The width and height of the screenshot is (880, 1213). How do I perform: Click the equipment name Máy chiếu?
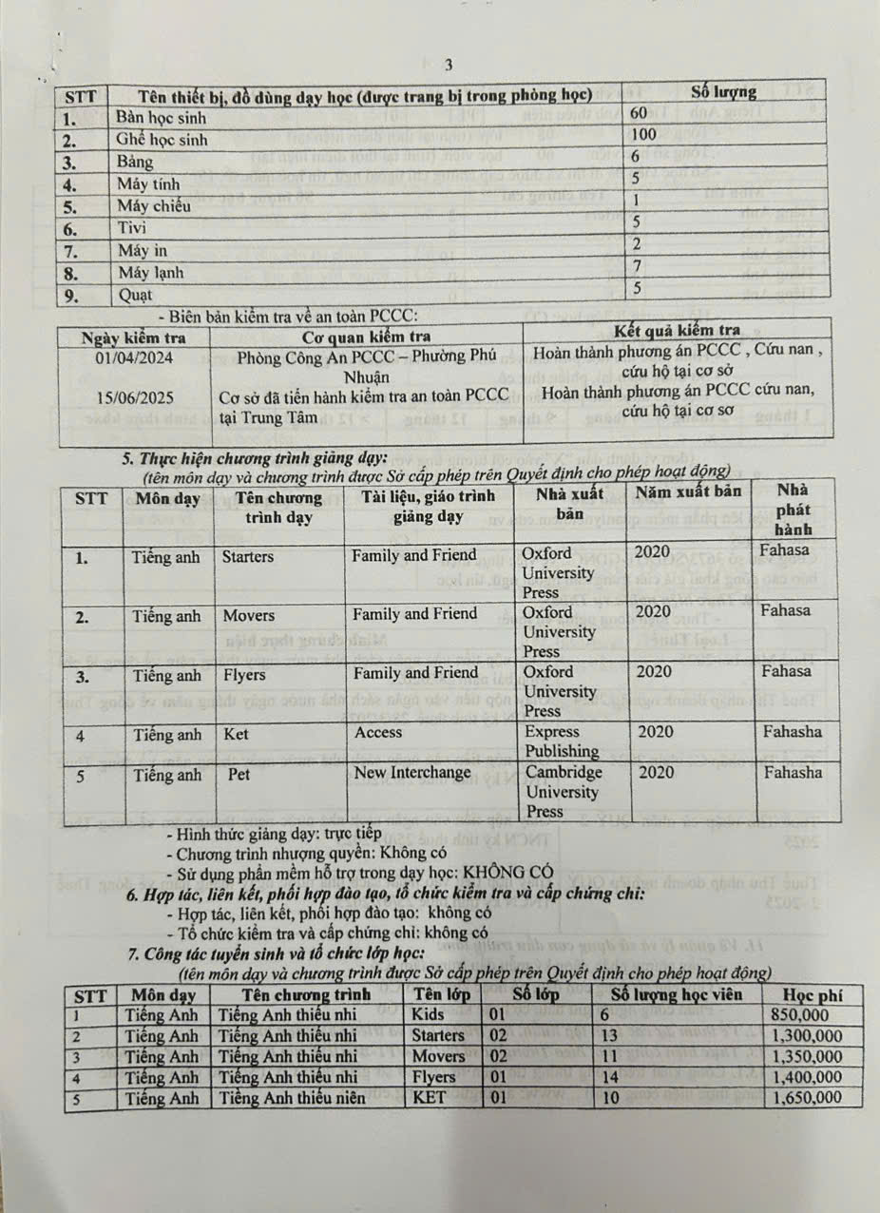[x=153, y=205]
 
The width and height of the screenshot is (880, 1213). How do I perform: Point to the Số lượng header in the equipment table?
[x=723, y=92]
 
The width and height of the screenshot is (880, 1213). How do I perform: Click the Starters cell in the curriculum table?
[x=247, y=557]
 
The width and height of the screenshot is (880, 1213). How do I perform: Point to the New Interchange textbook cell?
[x=412, y=773]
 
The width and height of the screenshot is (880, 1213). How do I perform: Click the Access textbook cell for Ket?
[x=378, y=733]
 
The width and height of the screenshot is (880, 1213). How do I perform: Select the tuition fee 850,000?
[x=803, y=1015]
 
